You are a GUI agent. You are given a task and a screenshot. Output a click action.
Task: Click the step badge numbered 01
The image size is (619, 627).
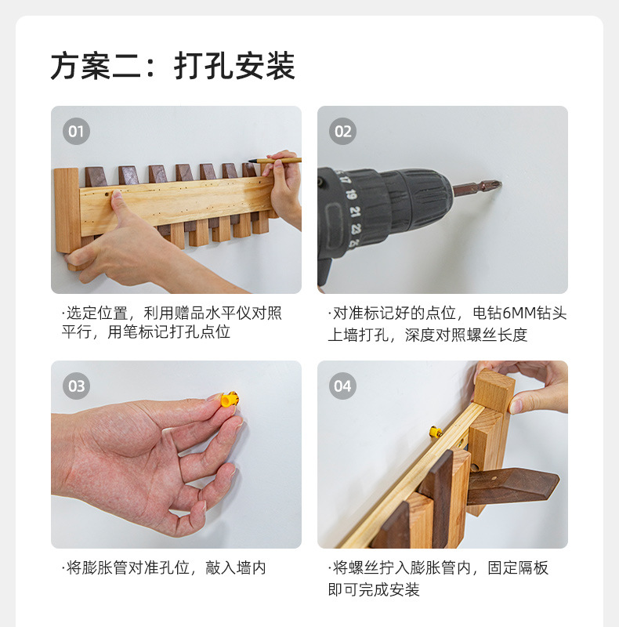(76, 131)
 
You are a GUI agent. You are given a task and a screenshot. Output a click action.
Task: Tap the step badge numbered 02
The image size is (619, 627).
(342, 131)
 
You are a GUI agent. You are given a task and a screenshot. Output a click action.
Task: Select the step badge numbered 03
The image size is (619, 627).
(76, 386)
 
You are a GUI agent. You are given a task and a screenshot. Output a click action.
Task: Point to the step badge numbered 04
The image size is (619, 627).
(342, 386)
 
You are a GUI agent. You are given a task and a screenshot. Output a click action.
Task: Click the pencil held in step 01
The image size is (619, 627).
(274, 161)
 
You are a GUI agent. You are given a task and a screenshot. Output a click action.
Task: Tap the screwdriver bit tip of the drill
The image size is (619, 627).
(497, 185)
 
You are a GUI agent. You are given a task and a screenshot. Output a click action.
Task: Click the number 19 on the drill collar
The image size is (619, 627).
(351, 194)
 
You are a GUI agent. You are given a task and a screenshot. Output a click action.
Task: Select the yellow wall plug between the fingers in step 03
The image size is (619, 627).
(230, 399)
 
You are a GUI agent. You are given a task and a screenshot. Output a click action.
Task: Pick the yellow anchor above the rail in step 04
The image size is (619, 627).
(436, 432)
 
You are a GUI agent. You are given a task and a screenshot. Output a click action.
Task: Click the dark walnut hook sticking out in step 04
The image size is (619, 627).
(513, 486)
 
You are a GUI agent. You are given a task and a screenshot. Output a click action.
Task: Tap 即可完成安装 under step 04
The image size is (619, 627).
(374, 589)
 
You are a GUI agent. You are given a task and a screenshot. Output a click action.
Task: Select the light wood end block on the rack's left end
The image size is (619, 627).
(67, 210)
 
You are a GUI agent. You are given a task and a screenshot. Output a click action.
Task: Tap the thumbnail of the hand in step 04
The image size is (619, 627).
(516, 407)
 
